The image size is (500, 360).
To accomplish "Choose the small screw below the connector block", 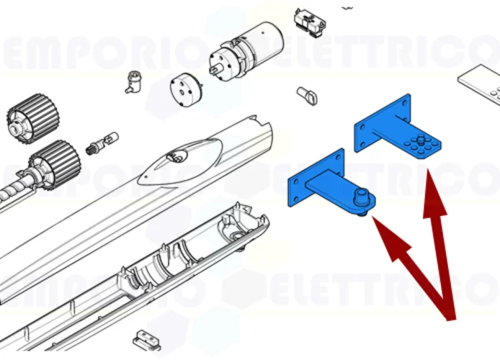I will (x=307, y=94).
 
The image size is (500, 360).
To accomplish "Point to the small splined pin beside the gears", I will (x=101, y=142).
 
